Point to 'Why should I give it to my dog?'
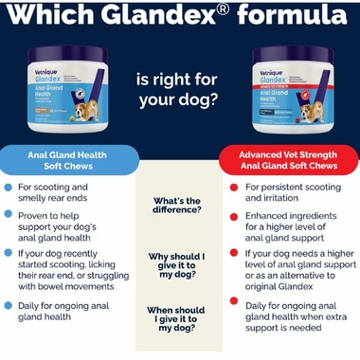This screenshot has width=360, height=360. click(180, 264)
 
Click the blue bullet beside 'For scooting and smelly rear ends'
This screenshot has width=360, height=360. click(8, 188)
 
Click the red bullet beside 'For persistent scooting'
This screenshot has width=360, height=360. click(234, 188)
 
